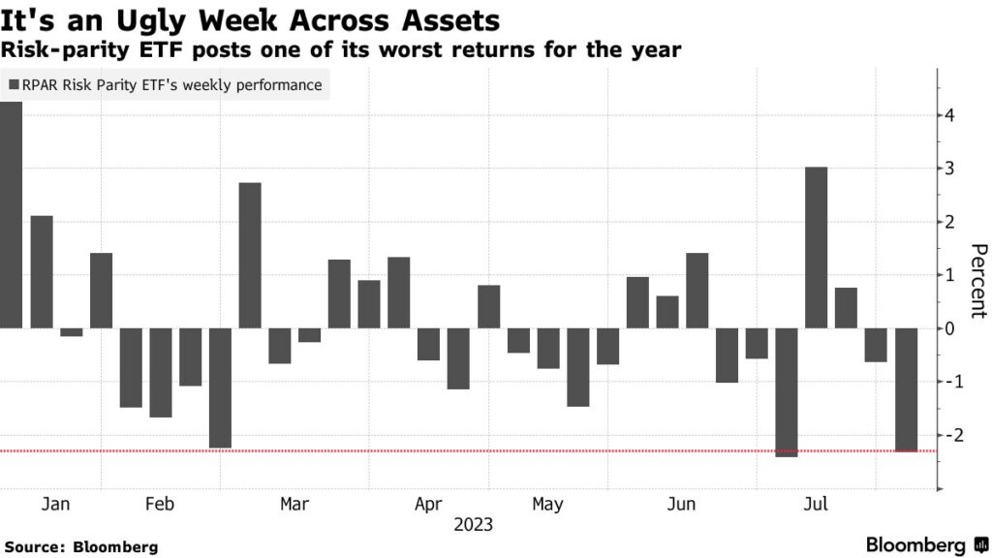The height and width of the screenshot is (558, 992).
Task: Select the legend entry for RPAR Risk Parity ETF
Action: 165,85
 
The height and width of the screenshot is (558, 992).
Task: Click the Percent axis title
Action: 977,281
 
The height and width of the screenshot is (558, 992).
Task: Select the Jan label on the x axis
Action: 56,504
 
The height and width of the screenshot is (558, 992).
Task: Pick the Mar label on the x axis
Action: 294,504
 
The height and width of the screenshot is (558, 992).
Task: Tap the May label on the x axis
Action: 547,504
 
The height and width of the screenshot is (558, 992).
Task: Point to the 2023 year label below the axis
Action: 473,525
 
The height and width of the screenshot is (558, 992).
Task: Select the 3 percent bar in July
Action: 817,248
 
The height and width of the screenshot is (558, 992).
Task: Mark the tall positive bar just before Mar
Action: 250,256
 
